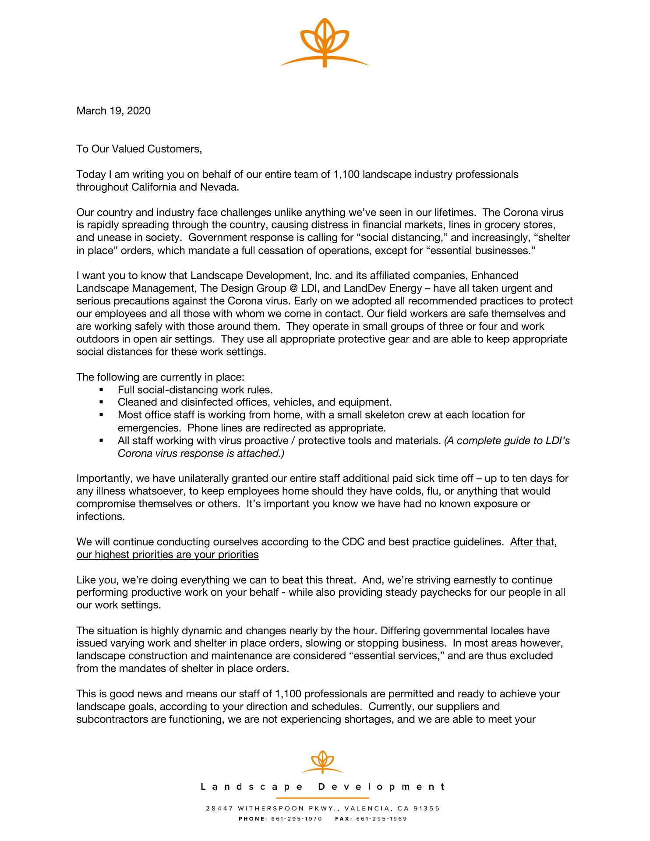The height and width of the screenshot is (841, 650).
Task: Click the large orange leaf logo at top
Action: pos(325,42)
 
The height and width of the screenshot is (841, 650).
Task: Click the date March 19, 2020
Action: pos(113,110)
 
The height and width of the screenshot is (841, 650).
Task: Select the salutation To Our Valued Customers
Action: pos(139,149)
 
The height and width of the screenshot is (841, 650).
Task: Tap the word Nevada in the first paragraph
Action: pos(219,187)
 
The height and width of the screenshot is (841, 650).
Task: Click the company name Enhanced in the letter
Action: pos(495,276)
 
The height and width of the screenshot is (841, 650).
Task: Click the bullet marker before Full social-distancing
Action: pos(102,389)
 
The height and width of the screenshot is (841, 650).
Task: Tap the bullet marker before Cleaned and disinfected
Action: pos(102,402)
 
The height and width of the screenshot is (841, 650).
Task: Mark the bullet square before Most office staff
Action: pos(102,415)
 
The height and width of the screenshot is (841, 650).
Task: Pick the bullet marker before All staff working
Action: pos(102,440)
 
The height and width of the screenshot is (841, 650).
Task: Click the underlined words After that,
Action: pos(533,542)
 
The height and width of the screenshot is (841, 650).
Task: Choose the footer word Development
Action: pos(382,787)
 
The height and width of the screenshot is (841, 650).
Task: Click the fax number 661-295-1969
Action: pos(382,819)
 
